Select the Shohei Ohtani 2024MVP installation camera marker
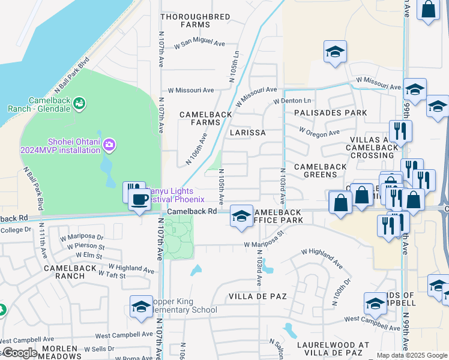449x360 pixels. (x=109, y=144)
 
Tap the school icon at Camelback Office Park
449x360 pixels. (x=241, y=217)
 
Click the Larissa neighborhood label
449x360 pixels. (x=248, y=132)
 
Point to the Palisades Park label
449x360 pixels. (x=330, y=113)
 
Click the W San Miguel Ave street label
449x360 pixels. (x=199, y=44)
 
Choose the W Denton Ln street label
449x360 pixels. (x=292, y=101)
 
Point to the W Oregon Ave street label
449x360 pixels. (x=319, y=131)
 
